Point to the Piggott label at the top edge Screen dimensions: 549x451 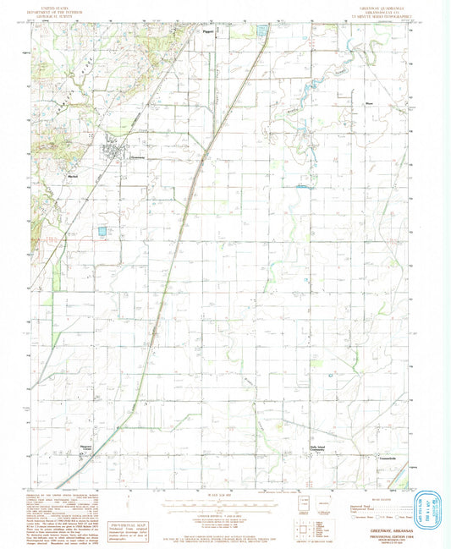[x=208, y=32]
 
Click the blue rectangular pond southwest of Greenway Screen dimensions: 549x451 [x=102, y=231]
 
